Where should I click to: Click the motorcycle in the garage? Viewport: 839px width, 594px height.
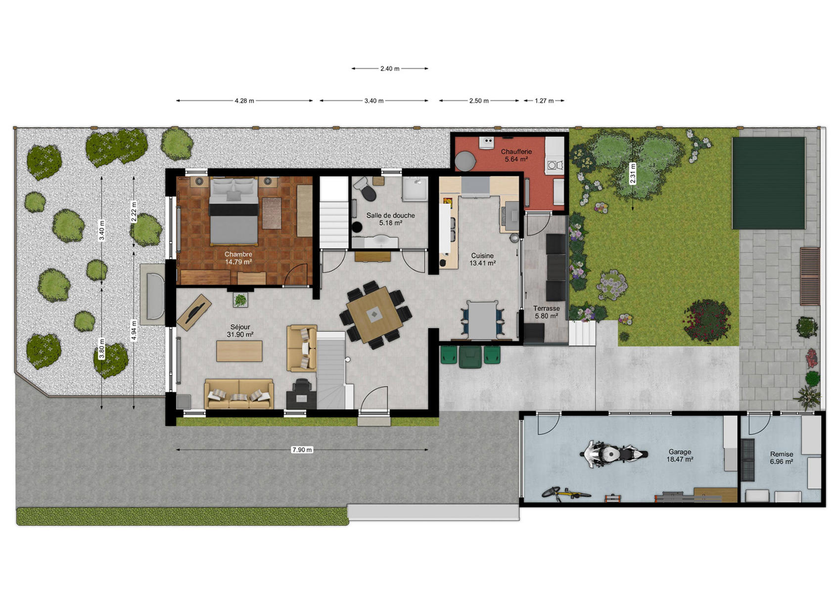pyautogui.click(x=613, y=454)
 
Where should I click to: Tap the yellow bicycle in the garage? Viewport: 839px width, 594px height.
pyautogui.click(x=565, y=494)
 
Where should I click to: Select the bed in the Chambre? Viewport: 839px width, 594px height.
pyautogui.click(x=233, y=211)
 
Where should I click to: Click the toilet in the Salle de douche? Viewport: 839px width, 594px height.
pyautogui.click(x=365, y=189)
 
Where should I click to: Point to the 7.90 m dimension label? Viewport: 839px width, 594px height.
pyautogui.click(x=302, y=450)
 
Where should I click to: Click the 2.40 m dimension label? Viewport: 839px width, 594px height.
pyautogui.click(x=390, y=69)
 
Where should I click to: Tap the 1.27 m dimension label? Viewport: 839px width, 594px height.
pyautogui.click(x=544, y=100)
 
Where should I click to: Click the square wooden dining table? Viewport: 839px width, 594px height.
pyautogui.click(x=374, y=314)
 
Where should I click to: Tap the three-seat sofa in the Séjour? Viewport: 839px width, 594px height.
pyautogui.click(x=239, y=394)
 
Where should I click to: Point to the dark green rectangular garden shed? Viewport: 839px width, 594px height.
pyautogui.click(x=769, y=183)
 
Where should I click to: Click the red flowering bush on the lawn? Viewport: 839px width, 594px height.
pyautogui.click(x=707, y=320)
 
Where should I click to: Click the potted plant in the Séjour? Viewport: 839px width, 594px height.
pyautogui.click(x=240, y=300)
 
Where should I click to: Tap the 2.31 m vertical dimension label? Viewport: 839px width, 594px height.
pyautogui.click(x=633, y=173)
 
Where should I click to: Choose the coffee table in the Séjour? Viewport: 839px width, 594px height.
pyautogui.click(x=239, y=351)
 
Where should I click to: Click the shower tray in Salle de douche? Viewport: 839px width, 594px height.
pyautogui.click(x=415, y=189)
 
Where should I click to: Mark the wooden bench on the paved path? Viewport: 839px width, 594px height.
pyautogui.click(x=810, y=276)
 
